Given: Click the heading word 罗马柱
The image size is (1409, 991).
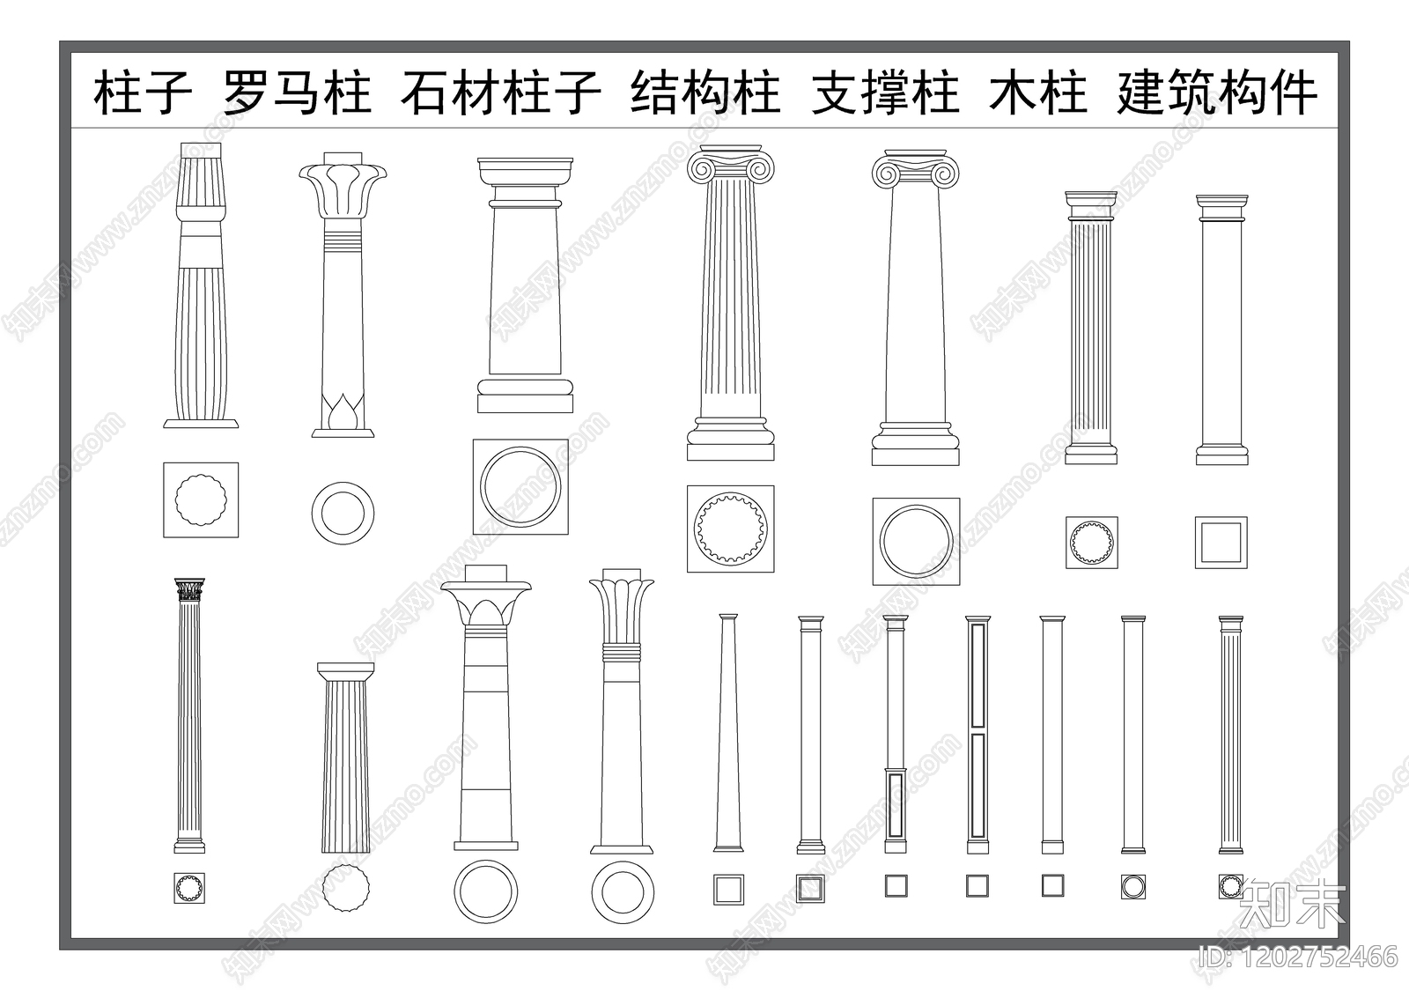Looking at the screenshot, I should [297, 93].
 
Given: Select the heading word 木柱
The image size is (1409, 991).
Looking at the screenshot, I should [1038, 93].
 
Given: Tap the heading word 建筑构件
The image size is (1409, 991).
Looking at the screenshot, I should [1217, 93].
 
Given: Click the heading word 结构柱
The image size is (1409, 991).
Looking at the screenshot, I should [705, 93].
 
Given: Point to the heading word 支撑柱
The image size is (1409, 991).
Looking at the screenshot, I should [885, 93].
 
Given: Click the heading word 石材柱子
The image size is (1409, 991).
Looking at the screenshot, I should [500, 93].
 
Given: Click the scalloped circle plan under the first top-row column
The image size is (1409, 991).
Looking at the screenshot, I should [201, 499].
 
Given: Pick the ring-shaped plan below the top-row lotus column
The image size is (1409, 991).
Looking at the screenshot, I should [343, 513].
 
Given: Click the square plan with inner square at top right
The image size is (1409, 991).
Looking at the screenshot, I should [1221, 543].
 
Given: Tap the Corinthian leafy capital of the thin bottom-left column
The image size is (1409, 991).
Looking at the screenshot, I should [189, 589].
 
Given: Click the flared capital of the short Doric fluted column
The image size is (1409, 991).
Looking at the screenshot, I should [345, 673].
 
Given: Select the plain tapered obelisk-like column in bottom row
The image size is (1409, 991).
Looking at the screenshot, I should [727, 731].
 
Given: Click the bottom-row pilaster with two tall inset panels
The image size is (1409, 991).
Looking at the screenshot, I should [977, 731].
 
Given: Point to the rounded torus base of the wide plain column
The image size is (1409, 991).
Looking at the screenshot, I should [525, 387].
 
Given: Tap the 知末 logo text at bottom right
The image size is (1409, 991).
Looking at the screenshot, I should [1292, 903].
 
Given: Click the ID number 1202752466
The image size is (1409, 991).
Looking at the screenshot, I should [1299, 956].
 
